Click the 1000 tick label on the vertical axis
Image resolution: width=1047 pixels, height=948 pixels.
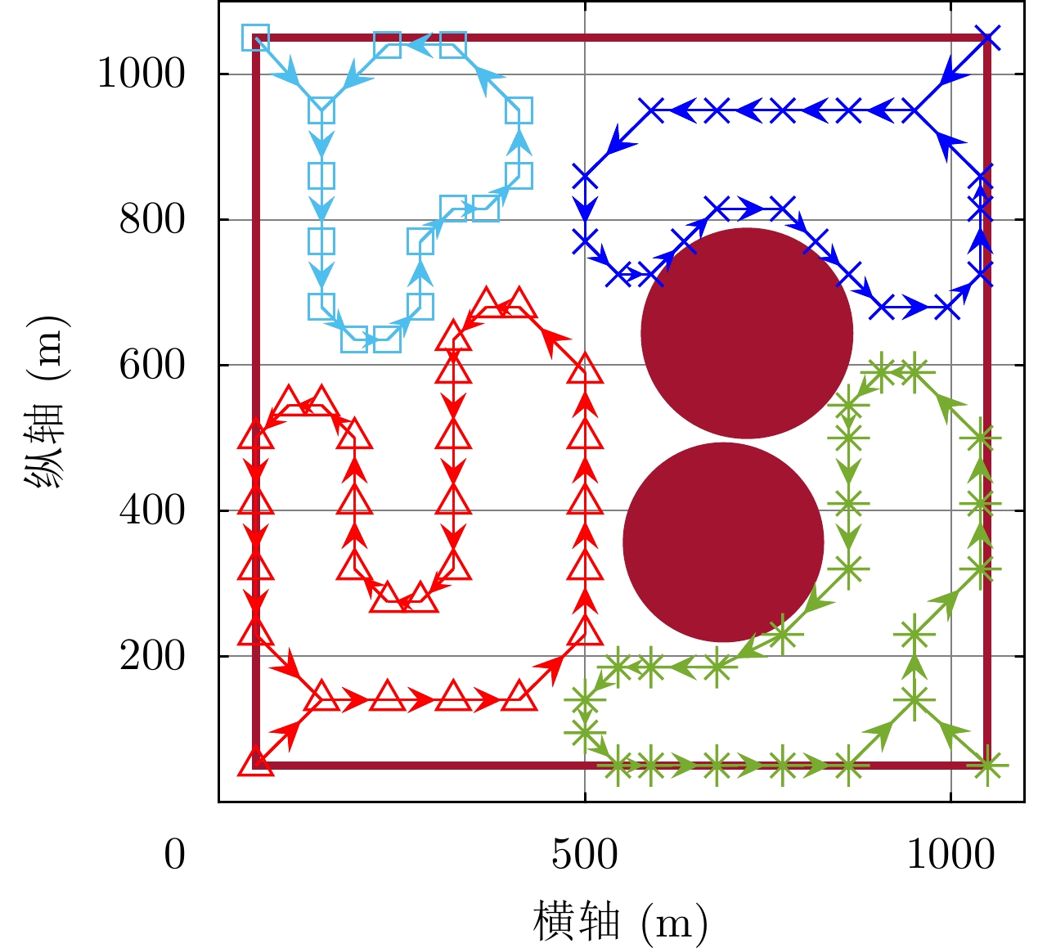[142, 74]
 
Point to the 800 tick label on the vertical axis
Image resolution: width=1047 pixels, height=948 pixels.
[152, 220]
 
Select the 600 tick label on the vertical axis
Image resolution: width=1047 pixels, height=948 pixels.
[152, 366]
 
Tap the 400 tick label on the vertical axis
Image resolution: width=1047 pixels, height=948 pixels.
[152, 511]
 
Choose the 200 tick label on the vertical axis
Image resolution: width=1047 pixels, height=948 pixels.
[152, 657]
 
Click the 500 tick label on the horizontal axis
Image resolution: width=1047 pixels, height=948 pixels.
[584, 856]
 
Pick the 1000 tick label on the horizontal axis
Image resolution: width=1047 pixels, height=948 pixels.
[950, 856]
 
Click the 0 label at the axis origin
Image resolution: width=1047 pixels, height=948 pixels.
[174, 856]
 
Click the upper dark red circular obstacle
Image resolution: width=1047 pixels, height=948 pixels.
[747, 333]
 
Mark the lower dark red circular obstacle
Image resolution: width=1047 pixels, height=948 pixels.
[723, 542]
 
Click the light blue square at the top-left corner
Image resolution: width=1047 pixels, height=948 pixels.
[256, 38]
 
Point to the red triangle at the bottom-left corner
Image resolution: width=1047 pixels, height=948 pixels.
[256, 763]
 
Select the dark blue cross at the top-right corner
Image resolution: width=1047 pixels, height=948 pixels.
[988, 38]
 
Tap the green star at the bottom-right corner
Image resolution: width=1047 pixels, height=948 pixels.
[987, 766]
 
